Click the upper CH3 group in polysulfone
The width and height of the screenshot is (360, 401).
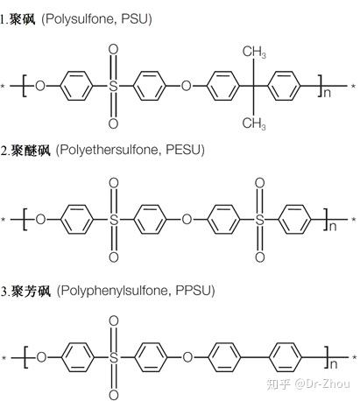(254, 52)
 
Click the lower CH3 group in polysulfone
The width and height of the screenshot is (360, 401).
(254, 123)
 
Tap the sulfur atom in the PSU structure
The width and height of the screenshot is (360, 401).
(113, 86)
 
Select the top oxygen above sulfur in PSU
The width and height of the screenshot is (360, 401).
(113, 49)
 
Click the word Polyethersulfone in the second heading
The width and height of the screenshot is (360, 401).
(109, 151)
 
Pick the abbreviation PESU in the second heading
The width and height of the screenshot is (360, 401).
(183, 150)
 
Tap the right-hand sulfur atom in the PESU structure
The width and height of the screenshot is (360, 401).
(260, 220)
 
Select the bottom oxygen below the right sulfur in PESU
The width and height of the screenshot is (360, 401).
(260, 257)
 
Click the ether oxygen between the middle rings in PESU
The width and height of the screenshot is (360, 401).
(187, 220)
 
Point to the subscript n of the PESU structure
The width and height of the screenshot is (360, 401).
(333, 227)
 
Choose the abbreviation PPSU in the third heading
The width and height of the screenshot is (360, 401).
(193, 291)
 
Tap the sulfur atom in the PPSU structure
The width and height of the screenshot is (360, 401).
(114, 357)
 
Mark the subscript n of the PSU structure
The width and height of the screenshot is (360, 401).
(327, 93)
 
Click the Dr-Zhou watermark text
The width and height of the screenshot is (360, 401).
(322, 383)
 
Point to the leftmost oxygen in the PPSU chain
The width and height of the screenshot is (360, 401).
(41, 357)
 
